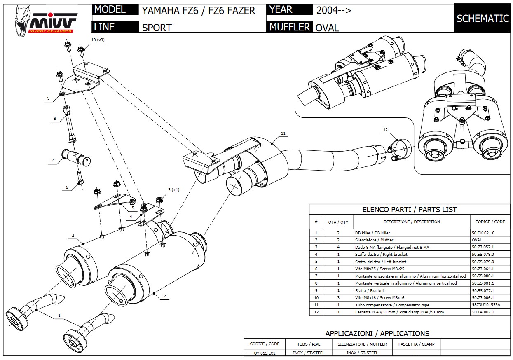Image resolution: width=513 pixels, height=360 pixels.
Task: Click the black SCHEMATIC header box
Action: point(483,19)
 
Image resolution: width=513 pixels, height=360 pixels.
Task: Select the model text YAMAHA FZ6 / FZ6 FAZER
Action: point(198,10)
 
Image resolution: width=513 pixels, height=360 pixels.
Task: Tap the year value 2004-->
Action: point(334,10)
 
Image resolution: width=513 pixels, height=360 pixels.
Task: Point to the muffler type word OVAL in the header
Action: point(327,28)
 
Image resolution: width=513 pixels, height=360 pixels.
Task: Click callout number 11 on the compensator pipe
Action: point(283,133)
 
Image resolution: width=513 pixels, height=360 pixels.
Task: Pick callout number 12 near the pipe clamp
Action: point(385,130)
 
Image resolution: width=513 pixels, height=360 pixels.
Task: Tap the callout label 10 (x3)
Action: point(98,40)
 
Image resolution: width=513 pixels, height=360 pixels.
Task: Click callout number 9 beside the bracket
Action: point(48,98)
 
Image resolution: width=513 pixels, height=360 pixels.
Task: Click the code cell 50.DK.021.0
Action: point(483,233)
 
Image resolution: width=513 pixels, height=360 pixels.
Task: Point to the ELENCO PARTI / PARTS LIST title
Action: point(409,209)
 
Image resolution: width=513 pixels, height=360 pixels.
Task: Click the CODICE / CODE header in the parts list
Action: point(490,222)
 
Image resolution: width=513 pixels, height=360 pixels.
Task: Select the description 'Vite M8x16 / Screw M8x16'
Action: point(379,297)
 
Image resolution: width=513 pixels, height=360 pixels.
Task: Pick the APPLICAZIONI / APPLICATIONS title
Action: point(377,334)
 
